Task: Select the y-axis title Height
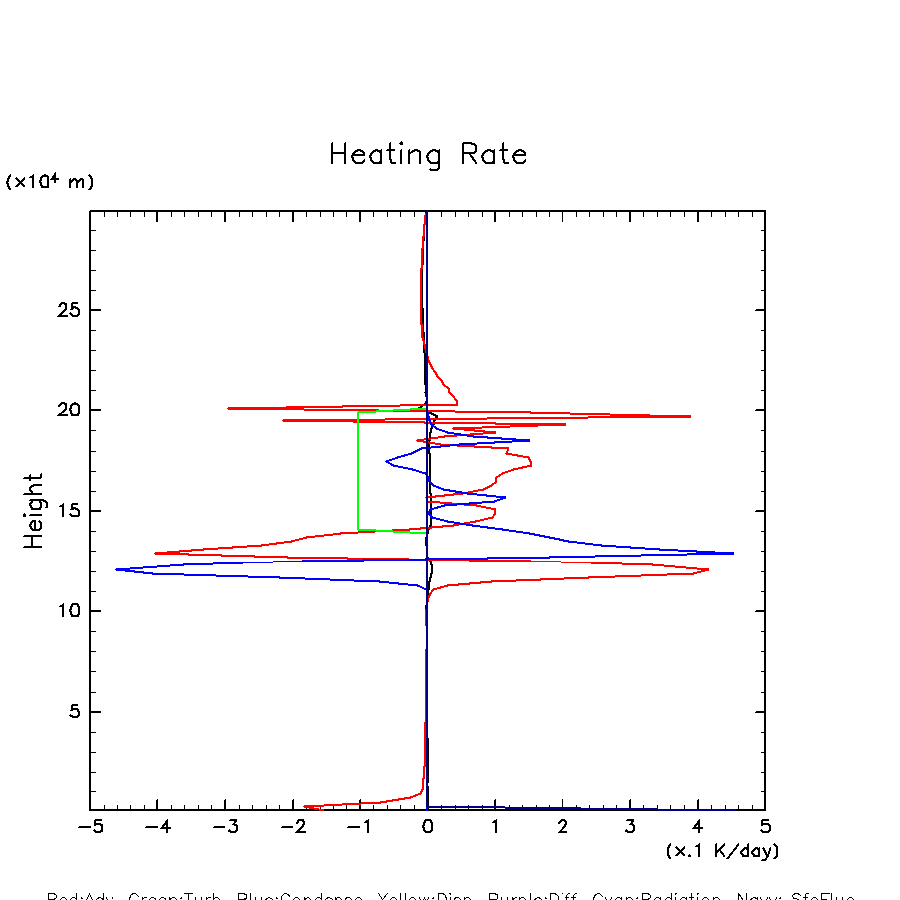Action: point(34,510)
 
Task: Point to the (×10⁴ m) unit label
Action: point(50,182)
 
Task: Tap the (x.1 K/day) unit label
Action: point(722,851)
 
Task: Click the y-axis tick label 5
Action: point(73,712)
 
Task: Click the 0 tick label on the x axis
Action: point(427,827)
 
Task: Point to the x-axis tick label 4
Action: point(697,827)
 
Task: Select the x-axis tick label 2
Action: point(562,827)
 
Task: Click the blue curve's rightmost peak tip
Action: point(733,553)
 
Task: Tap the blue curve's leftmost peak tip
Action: point(116,569)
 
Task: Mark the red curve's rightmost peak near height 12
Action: point(708,570)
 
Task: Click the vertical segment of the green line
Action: point(358,470)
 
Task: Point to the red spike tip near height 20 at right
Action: point(690,416)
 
